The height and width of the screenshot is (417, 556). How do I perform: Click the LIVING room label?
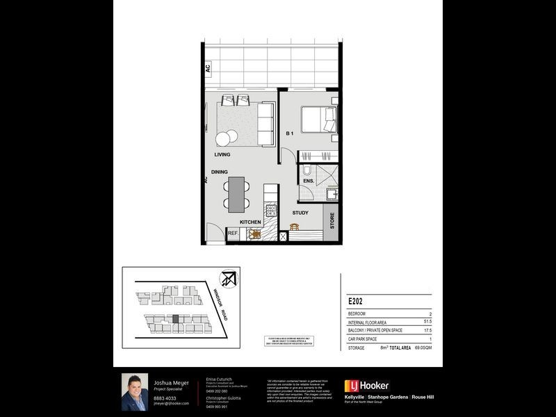222,154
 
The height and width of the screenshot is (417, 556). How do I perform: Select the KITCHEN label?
250,222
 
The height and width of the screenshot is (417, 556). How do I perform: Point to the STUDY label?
300,213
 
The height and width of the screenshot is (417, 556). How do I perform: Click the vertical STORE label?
332,221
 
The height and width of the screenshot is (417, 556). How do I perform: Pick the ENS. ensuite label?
309,181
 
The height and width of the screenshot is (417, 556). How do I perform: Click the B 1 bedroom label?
291,133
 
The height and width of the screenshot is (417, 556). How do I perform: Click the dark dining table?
237,193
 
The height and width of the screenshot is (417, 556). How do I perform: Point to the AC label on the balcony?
207,68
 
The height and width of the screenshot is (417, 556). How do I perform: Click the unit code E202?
356,302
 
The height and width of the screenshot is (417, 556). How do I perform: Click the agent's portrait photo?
135,392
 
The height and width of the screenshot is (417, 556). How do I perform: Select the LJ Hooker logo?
367,386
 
